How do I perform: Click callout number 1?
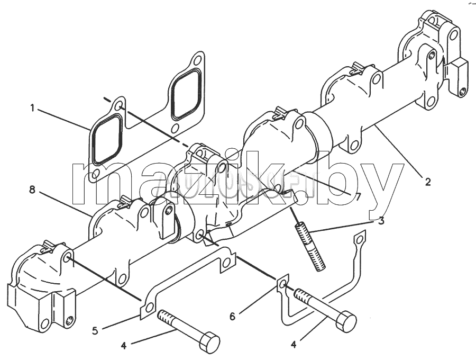tap(32, 107)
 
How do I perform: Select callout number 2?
tap(428, 182)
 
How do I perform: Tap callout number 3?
tap(381, 221)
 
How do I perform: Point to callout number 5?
tap(95, 330)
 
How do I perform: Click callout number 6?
tap(232, 317)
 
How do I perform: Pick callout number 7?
tap(358, 197)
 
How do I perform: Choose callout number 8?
tap(32, 190)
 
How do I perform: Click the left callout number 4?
tap(123, 345)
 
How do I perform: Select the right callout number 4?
tap(293, 345)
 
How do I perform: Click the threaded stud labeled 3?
tap(310, 246)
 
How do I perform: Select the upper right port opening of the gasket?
tap(186, 94)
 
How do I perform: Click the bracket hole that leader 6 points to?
tap(282, 284)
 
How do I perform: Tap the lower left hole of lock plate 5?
tap(149, 309)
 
